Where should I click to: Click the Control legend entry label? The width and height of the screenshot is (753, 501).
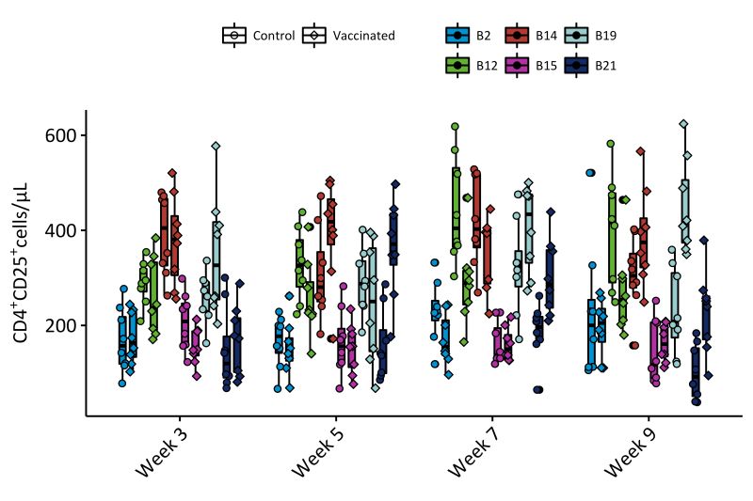(274, 36)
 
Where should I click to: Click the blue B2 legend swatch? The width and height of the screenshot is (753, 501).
(457, 36)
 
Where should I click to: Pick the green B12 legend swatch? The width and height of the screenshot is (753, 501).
(457, 65)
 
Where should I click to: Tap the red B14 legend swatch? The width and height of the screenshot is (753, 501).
(517, 36)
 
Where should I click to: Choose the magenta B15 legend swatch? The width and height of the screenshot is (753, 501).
(517, 65)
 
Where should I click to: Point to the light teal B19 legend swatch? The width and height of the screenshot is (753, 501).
(576, 36)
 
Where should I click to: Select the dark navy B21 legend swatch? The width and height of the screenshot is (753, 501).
(576, 65)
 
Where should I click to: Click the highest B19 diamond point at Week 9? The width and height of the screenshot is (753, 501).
(683, 123)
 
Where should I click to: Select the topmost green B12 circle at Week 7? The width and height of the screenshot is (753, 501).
(455, 126)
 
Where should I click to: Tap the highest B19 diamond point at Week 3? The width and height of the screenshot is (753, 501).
(216, 146)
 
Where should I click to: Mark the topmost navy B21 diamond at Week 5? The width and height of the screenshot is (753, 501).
(395, 184)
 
